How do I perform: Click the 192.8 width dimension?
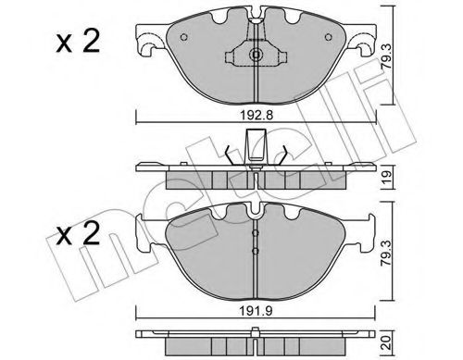coord(257,116)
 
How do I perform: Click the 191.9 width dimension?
coord(257,312)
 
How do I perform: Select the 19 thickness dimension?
coord(387,177)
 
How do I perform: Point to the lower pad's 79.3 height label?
coord(386,253)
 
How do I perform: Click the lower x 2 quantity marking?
coord(78,233)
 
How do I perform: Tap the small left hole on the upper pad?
coord(183,37)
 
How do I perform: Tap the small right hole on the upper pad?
coord(329,37)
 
